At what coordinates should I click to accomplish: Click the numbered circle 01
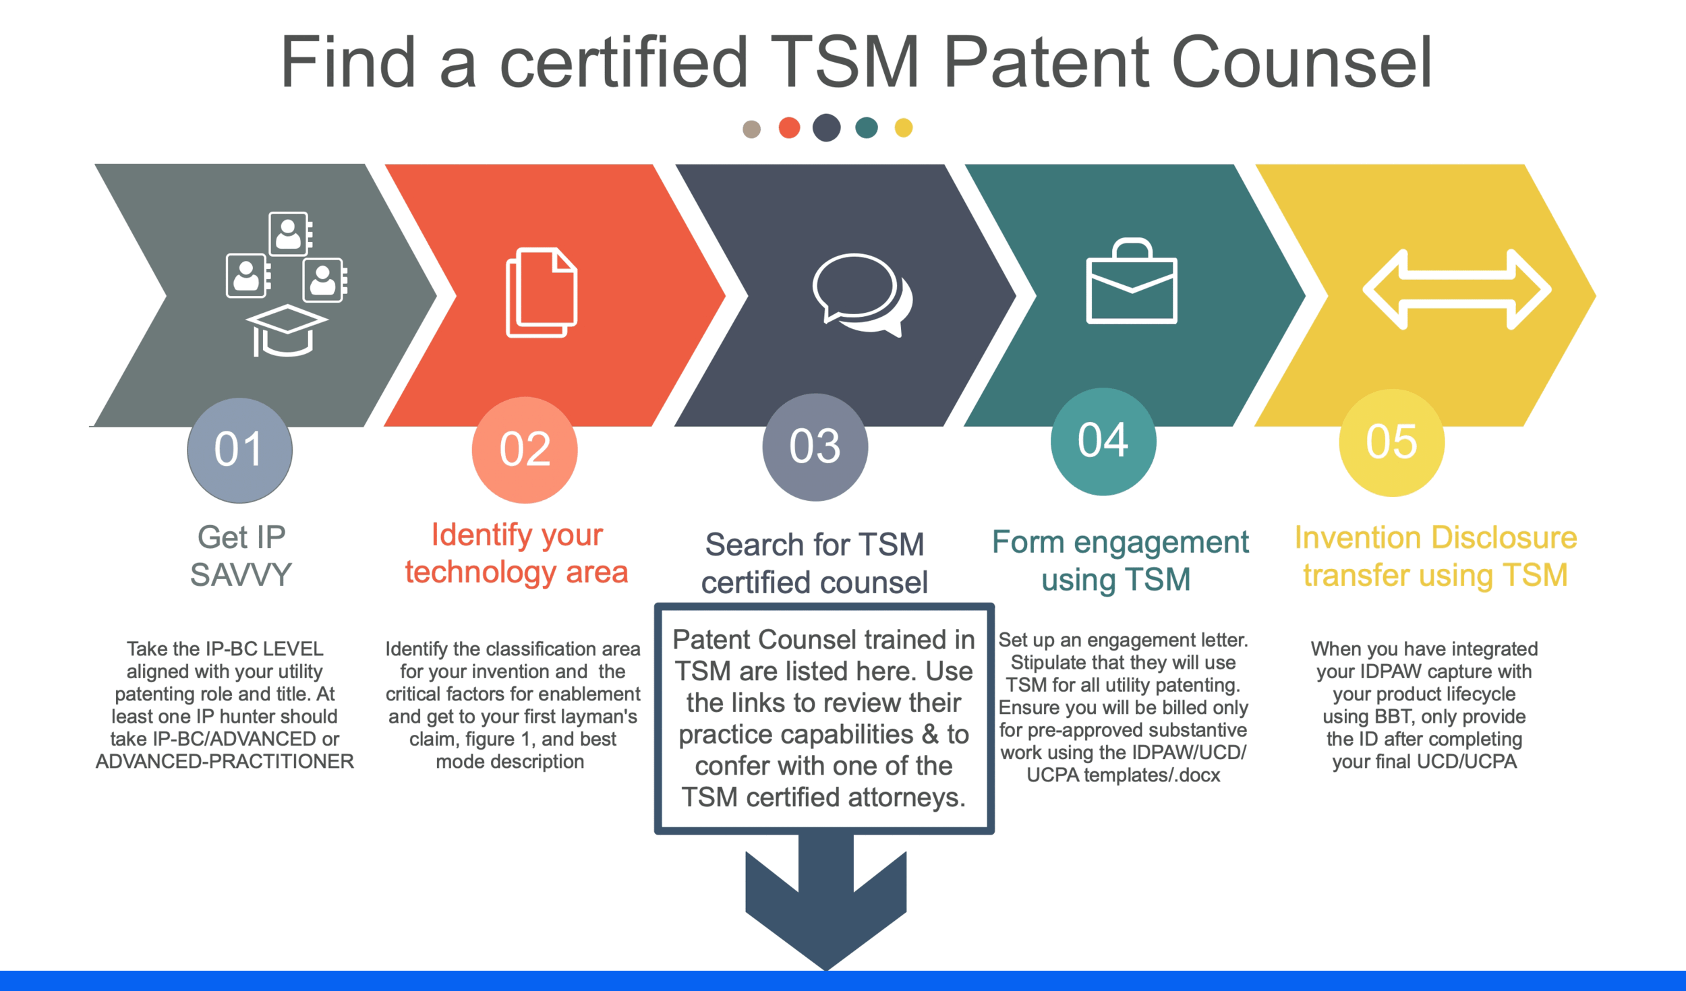point(239,450)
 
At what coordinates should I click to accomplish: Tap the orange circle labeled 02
point(525,450)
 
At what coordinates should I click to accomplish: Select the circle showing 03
point(815,446)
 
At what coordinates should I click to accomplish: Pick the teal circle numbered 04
point(1103,441)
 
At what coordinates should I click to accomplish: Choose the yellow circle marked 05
point(1391,442)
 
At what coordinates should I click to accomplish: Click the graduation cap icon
point(287,330)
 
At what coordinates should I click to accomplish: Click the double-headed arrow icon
point(1457,289)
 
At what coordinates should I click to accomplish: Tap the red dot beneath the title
point(789,127)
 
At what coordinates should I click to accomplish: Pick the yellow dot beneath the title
point(903,127)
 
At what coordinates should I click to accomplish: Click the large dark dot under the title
point(826,127)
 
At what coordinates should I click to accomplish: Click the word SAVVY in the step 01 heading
point(241,575)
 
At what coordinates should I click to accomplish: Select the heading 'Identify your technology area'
point(517,553)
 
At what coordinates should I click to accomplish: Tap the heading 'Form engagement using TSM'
point(1120,560)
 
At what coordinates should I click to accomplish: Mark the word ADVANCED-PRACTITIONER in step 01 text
point(225,762)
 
